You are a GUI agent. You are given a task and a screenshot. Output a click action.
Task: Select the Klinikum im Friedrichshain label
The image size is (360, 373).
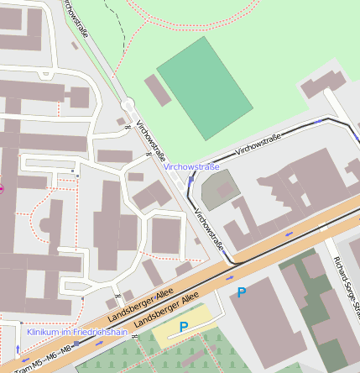(x=77, y=332)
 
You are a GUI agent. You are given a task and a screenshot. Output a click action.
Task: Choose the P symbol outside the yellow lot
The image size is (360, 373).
(x=242, y=292)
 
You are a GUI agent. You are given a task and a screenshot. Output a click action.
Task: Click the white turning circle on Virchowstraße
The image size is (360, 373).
(x=128, y=105)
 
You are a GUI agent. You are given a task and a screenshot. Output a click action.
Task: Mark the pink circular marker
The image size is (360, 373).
(x=1, y=188)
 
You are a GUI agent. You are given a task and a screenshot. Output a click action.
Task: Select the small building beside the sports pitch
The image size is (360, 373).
(x=158, y=90)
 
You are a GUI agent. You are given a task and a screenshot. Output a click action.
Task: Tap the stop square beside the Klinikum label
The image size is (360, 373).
(x=77, y=343)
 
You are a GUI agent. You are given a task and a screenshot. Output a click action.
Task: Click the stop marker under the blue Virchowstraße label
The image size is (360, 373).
(x=191, y=178)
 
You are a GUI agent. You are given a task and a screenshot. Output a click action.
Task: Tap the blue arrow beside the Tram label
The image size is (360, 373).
(x=18, y=348)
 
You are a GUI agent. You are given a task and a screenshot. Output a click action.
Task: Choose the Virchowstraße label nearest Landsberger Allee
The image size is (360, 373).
(x=209, y=230)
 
